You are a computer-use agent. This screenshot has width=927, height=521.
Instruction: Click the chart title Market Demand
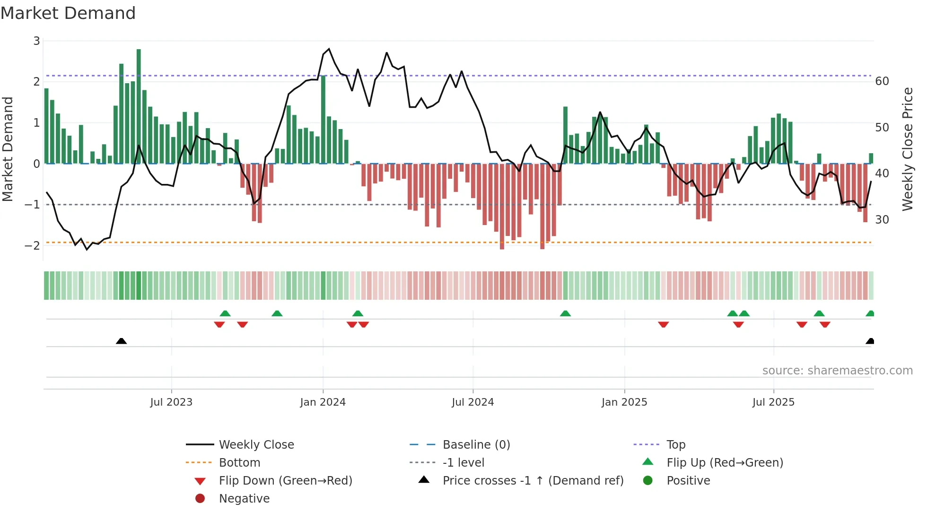(x=68, y=13)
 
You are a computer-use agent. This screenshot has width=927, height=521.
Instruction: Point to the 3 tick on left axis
(x=36, y=41)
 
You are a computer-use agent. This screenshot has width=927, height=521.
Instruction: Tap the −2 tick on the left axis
(x=33, y=245)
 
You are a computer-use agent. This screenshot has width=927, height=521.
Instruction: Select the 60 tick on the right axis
(x=882, y=81)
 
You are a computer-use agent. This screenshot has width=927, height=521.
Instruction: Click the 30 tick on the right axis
(x=882, y=220)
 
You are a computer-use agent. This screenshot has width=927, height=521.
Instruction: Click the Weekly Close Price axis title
(x=907, y=149)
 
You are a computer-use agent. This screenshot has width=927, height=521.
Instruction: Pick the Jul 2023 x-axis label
(x=171, y=402)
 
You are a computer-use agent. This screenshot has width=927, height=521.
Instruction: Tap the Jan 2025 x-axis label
(x=624, y=402)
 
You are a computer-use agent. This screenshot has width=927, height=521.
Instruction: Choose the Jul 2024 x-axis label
(x=472, y=402)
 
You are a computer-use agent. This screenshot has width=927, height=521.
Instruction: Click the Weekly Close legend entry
(x=256, y=445)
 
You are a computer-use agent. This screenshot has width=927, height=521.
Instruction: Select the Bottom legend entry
(x=239, y=463)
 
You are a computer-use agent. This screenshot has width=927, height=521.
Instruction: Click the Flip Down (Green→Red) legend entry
(x=285, y=481)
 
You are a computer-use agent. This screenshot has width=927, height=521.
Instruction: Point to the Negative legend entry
(x=244, y=499)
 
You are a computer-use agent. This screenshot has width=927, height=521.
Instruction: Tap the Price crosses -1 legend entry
(x=533, y=481)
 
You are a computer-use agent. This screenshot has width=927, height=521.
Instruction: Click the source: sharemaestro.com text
(x=837, y=371)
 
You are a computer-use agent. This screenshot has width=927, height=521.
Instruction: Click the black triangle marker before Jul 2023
(x=122, y=341)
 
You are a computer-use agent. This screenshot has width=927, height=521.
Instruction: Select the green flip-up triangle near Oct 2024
(x=565, y=313)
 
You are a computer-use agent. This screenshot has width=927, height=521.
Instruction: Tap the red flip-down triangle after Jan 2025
(x=663, y=324)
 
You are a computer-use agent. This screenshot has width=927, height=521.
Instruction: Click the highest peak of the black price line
(x=329, y=49)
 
